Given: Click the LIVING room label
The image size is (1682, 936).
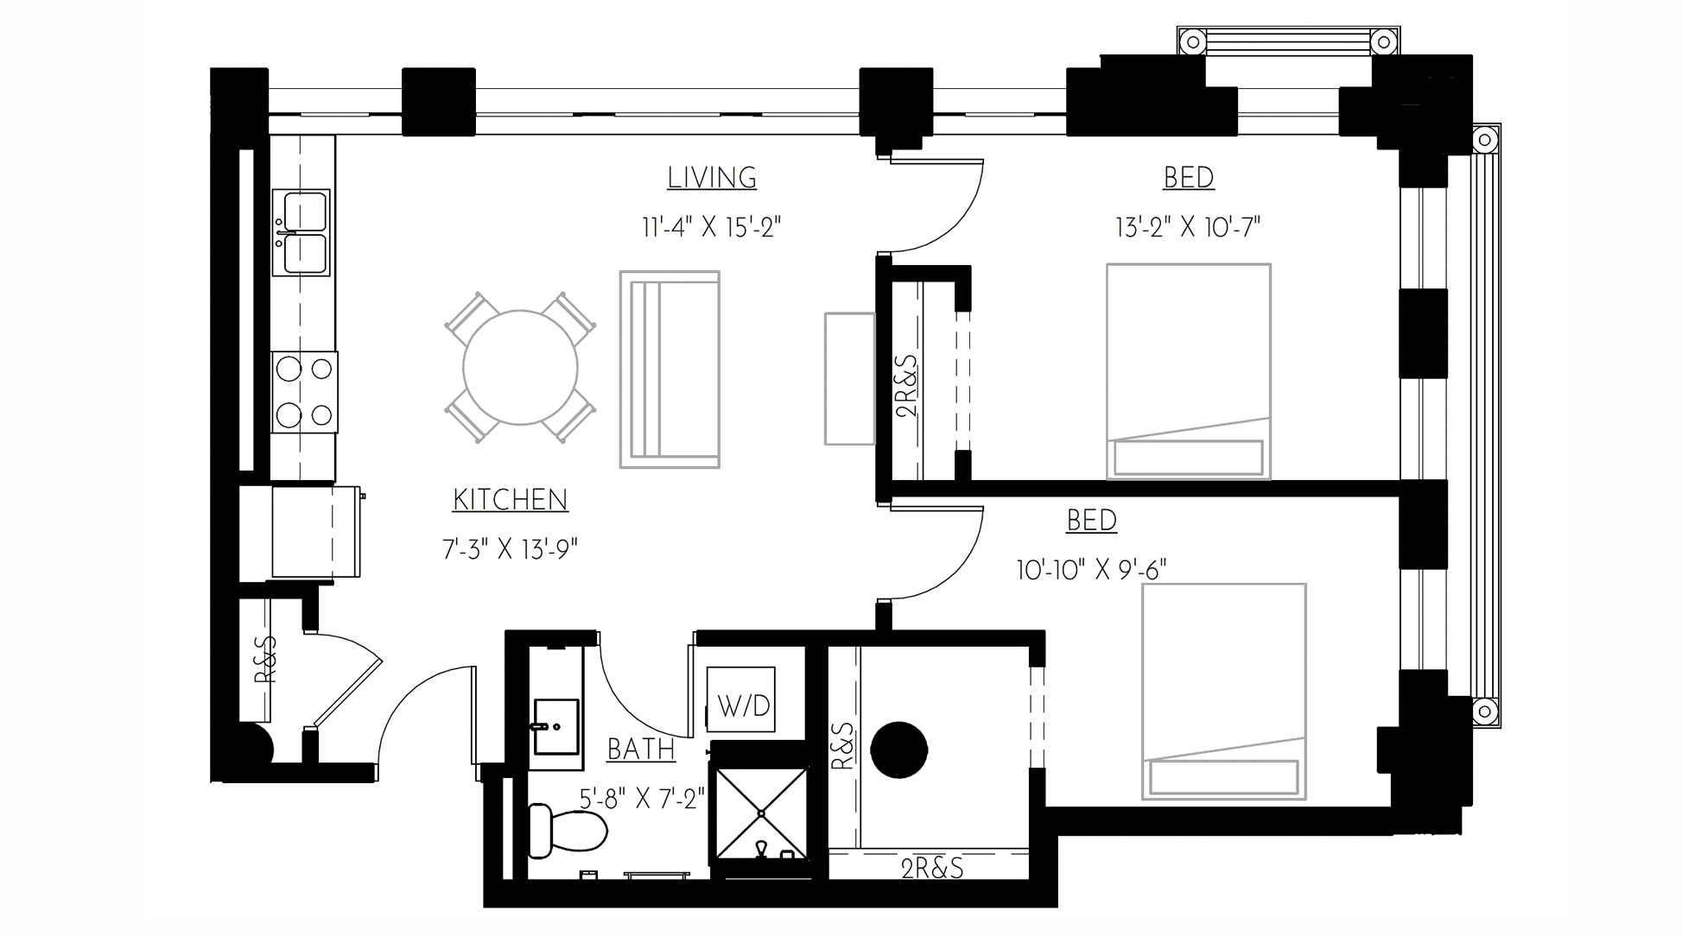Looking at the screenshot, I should point(712,178).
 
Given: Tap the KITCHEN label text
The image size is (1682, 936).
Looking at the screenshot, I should point(510,500).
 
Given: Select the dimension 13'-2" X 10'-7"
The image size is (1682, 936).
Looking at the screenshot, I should point(1188,227).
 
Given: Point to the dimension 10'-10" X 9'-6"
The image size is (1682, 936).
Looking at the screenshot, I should point(1091,570).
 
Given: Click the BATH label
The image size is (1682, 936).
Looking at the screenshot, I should point(641,749).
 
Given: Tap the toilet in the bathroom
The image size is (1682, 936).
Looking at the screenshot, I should point(566,831).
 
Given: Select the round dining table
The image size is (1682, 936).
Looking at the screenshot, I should point(520,368).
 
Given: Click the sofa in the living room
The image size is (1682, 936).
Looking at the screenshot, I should point(670,370).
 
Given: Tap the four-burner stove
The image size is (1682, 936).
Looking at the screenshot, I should point(303,392).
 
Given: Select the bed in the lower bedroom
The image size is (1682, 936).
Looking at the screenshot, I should point(1223,691).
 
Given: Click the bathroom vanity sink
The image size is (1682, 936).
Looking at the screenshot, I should point(555,726).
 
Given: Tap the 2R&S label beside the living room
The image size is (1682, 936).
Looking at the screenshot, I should point(907,386).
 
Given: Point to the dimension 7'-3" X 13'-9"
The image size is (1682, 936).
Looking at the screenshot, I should point(510,548).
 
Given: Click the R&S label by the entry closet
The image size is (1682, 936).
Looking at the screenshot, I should point(265,660).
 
